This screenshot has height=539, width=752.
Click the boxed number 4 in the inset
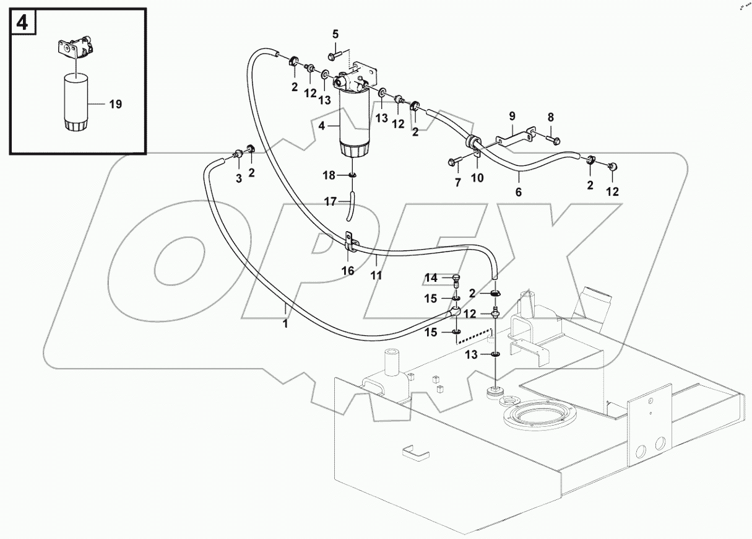[22, 22]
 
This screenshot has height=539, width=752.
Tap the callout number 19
[115, 104]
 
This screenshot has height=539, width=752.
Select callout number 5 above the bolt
[335, 33]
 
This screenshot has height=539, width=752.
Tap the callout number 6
[518, 192]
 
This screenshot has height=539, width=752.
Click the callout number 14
[431, 277]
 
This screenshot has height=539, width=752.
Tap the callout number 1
[285, 324]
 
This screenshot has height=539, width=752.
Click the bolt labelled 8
[553, 138]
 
